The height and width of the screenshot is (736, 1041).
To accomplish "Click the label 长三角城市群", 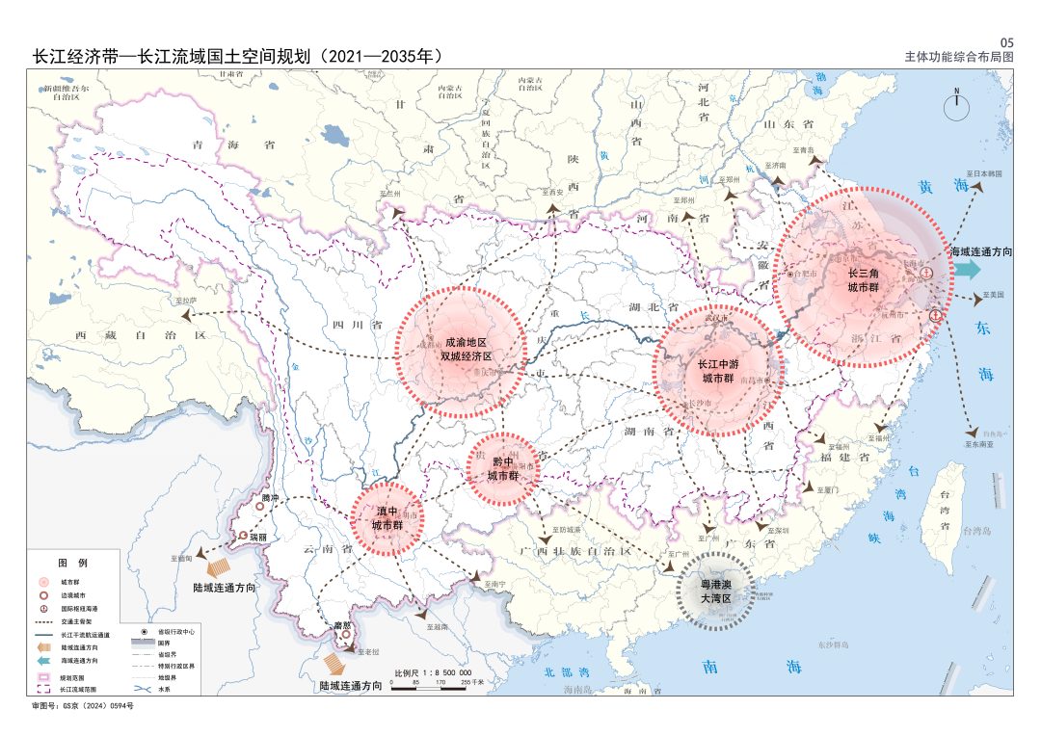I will pos(863,279).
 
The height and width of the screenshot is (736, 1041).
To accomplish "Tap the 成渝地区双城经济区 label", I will pos(466,349).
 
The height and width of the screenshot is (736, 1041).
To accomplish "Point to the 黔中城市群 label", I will pos(502,468).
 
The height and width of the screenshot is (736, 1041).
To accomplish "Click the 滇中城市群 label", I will pos(387,518).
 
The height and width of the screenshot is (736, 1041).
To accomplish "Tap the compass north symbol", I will pos(956,105).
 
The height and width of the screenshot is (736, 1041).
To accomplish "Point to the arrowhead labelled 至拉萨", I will pos(200,313).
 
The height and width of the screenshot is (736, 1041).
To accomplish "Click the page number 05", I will pos(1007,42).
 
